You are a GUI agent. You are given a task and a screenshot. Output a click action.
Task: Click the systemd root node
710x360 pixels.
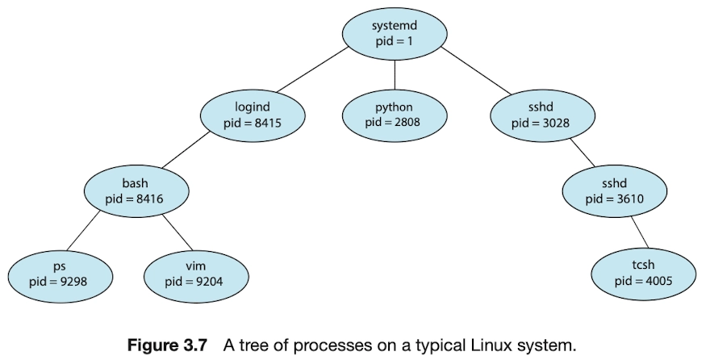pos(395,34)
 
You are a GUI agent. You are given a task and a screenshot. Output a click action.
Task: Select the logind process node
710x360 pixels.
pos(253,115)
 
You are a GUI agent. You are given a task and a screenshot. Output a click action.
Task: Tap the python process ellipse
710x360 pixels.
pos(395,115)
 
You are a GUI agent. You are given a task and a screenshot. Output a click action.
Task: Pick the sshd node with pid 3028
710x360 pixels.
pos(542,115)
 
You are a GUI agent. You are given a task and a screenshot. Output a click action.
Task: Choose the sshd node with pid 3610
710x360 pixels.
pos(615,191)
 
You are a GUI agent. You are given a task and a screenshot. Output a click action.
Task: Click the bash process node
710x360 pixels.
pos(136,191)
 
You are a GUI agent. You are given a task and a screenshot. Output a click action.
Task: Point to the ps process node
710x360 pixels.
pos(61,276)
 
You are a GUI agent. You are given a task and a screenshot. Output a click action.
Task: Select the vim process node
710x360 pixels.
pos(196,276)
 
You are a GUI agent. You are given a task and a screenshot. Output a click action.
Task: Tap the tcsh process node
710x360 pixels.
pos(644,274)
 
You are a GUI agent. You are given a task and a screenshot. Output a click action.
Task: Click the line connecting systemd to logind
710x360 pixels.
pos(312,69)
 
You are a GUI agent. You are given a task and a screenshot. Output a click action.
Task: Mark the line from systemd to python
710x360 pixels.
pos(395,75)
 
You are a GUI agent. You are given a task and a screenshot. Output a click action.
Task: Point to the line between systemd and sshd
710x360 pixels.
pos(476,71)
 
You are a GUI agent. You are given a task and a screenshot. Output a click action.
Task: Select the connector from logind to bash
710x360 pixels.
pos(186,150)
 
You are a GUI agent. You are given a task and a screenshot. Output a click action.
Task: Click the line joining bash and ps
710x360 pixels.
pos(83,231)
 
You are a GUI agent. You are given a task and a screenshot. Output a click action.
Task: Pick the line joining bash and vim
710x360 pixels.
pos(177,232)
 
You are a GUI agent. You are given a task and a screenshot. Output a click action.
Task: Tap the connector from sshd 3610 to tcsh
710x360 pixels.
pos(639,232)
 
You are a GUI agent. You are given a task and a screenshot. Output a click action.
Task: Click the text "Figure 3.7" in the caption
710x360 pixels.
pos(167,345)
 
